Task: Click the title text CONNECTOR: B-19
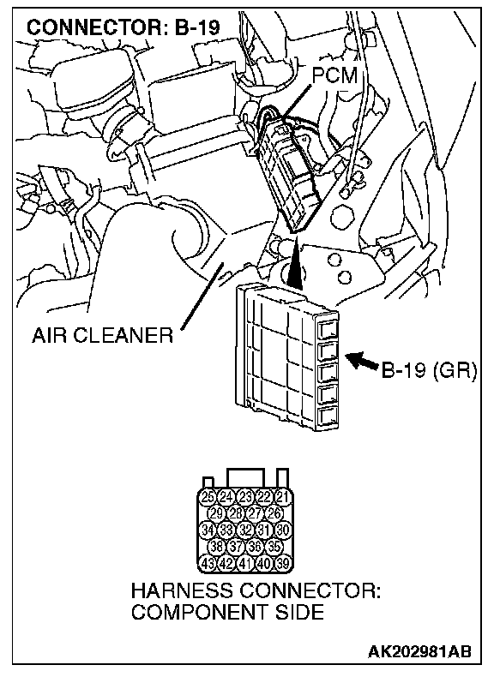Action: (x=123, y=27)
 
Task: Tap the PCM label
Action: (x=335, y=76)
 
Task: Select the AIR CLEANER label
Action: (x=102, y=335)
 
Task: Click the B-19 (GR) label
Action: (x=429, y=370)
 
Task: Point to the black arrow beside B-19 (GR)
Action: (x=362, y=361)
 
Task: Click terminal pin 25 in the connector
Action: (x=208, y=497)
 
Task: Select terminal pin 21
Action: (x=282, y=497)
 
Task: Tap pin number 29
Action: (x=217, y=513)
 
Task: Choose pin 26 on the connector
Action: (x=274, y=513)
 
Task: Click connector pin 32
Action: (x=245, y=530)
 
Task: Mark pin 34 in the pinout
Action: (x=208, y=530)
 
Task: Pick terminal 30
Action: (x=282, y=530)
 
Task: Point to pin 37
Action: (x=236, y=547)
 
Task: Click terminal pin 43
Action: (x=208, y=563)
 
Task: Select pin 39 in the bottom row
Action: (x=282, y=563)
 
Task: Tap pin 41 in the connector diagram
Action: (x=245, y=563)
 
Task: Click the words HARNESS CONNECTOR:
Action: (x=256, y=590)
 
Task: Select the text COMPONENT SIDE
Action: (x=227, y=612)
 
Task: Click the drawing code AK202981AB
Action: (x=419, y=651)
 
